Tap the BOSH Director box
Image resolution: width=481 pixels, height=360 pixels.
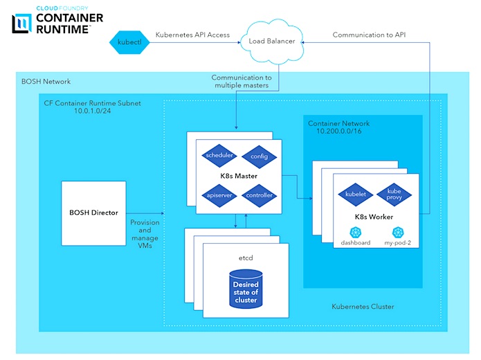(94, 213)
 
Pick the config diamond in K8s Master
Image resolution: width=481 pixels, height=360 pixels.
(259, 157)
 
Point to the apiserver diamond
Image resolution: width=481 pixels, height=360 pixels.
(219, 195)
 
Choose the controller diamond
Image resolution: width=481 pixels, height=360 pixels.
(259, 195)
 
